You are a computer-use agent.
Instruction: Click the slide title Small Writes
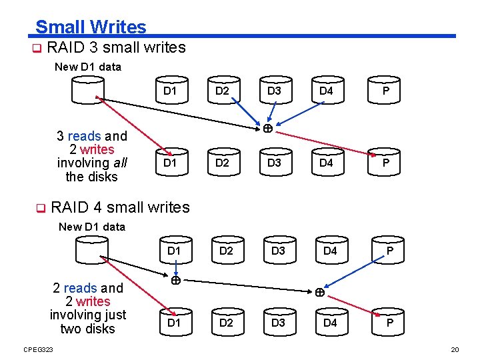click(x=91, y=27)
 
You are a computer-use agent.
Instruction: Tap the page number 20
click(x=455, y=350)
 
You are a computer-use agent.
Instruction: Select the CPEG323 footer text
click(x=38, y=350)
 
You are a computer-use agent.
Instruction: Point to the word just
click(x=112, y=315)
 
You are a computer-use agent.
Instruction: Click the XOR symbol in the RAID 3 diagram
click(x=266, y=128)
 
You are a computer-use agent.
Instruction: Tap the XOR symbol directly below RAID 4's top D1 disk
click(x=175, y=281)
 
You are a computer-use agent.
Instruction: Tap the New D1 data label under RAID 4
click(x=92, y=227)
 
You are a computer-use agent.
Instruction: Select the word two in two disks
click(x=71, y=329)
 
